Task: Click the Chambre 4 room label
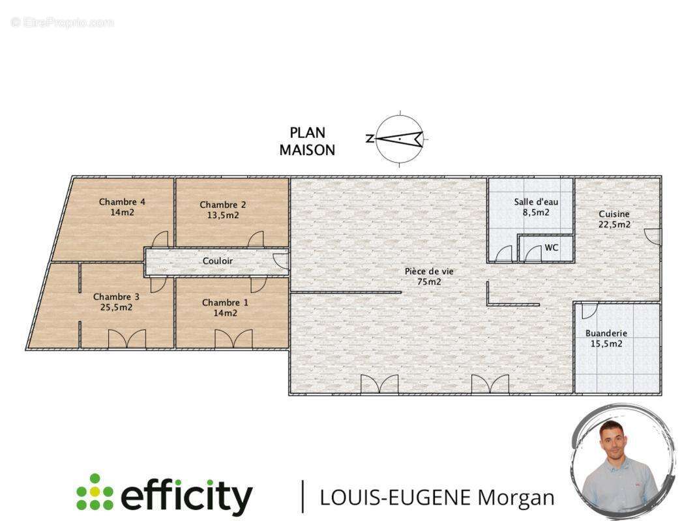pos(122,202)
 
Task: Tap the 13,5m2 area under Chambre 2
pos(223,216)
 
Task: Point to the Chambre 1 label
pos(225,303)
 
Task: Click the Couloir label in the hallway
pos(218,261)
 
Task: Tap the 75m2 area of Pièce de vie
pos(429,282)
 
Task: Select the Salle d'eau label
pos(537,202)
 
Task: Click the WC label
pos(552,247)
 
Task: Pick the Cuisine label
pos(614,214)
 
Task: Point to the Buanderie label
pos(606,333)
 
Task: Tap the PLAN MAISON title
pos(307,141)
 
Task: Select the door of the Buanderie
pos(590,311)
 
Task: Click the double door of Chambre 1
pos(233,339)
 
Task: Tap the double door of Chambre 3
pos(127,339)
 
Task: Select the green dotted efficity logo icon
pos(95,492)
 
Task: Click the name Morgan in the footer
pos(516,498)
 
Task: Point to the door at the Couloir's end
pos(281,261)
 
